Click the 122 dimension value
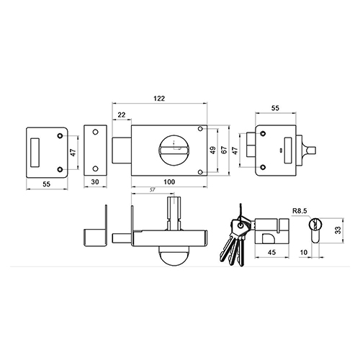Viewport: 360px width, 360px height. (x=159, y=99)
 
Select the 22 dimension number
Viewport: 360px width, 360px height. (x=122, y=115)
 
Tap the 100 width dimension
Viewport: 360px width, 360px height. (x=169, y=182)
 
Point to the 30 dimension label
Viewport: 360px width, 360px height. (x=95, y=182)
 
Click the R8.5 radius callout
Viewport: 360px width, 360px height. (x=300, y=211)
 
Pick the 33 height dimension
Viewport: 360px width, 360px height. (x=338, y=230)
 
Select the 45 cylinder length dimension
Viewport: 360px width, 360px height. (x=271, y=252)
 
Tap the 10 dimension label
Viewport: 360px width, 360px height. (x=304, y=252)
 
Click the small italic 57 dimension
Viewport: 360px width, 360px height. (x=152, y=190)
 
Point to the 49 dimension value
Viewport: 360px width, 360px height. (x=213, y=150)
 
